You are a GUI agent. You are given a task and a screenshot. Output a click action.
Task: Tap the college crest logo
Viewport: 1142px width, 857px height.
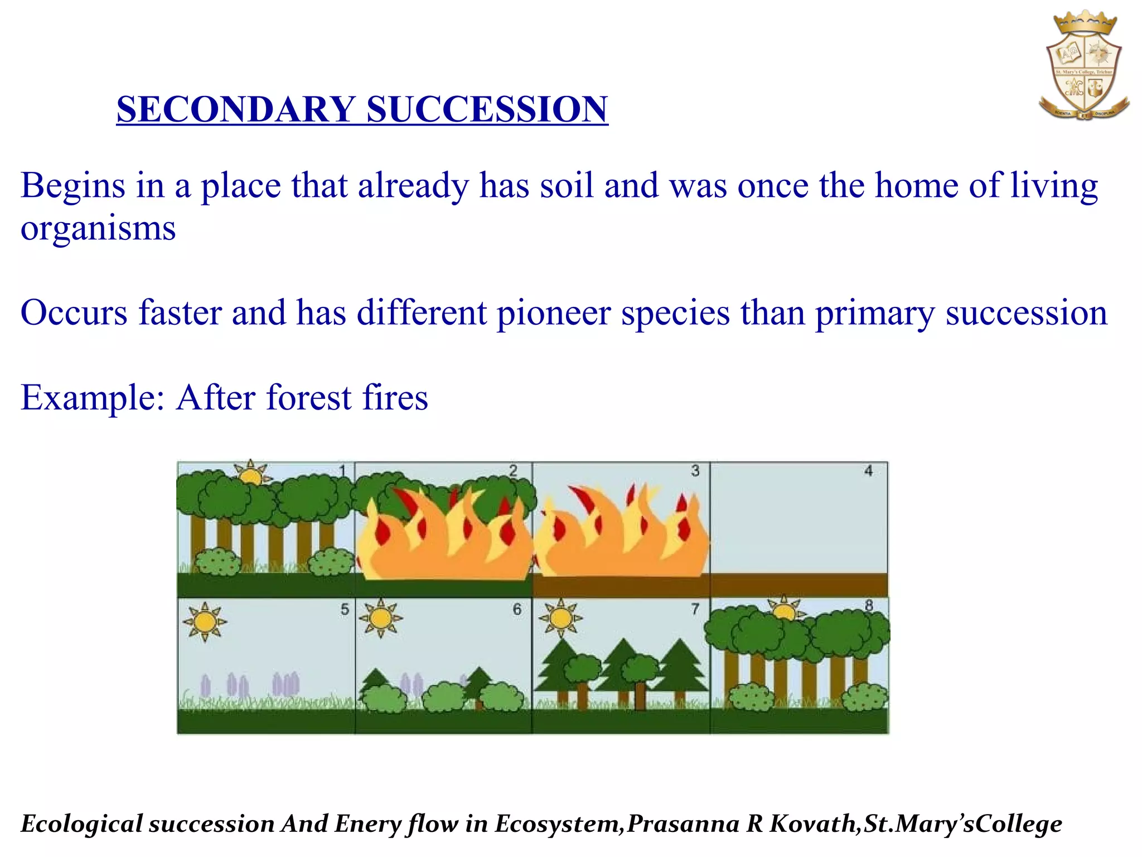1083,67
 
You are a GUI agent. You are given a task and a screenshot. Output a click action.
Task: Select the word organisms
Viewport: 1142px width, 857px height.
98,229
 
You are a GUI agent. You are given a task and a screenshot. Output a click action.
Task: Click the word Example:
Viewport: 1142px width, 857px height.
93,398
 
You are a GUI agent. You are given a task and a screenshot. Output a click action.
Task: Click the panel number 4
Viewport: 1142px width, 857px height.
868,471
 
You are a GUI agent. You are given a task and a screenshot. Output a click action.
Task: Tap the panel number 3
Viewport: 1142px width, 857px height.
695,471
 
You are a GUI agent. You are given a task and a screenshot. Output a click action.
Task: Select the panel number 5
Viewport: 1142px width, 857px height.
345,609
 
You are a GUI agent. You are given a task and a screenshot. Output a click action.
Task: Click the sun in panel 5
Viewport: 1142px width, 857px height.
205,622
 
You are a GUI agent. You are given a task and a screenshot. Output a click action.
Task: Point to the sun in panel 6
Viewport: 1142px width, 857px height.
381,618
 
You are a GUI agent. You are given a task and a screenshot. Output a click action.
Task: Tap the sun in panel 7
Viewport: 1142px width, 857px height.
560,618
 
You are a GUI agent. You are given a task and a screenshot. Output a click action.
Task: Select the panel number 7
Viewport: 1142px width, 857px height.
695,609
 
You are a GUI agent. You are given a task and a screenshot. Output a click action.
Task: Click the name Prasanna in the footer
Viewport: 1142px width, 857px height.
684,824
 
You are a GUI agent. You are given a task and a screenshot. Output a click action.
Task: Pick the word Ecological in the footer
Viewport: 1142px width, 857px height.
81,824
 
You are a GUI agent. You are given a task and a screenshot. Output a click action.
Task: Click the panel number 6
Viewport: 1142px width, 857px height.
517,609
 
